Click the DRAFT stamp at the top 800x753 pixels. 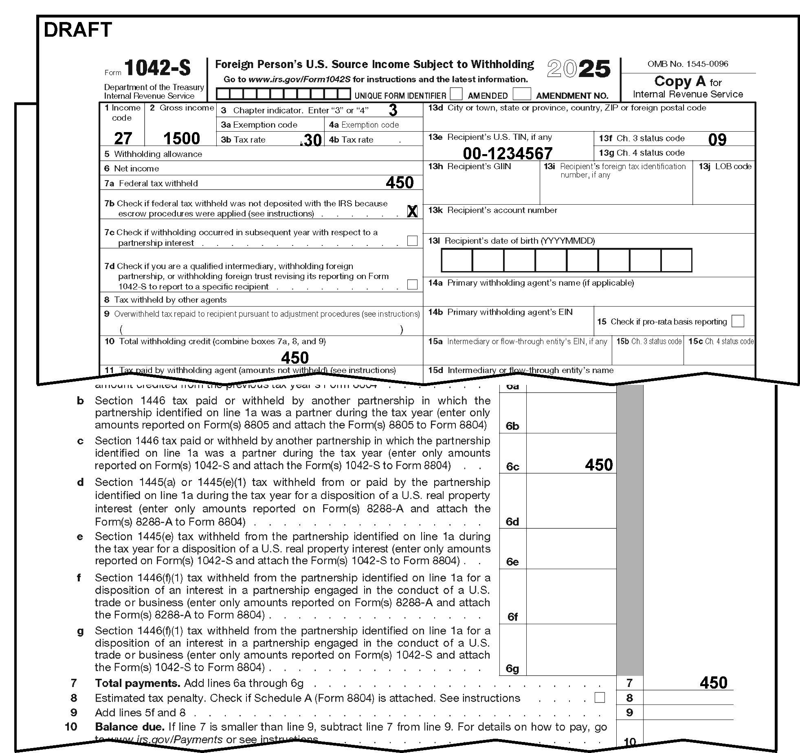coord(78,30)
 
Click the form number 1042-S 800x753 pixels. coord(157,68)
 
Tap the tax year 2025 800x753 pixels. coord(578,69)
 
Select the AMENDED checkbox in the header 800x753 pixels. coord(456,94)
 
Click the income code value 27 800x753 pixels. coord(123,139)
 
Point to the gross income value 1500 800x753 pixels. coord(181,139)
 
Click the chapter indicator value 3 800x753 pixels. coord(393,110)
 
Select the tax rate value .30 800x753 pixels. coord(311,140)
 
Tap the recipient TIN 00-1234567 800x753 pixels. coord(508,154)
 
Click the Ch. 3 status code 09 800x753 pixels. coord(717,140)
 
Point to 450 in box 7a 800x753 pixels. coord(400,183)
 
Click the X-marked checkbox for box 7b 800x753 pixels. coord(412,211)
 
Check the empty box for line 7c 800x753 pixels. coord(412,241)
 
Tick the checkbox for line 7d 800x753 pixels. coord(412,284)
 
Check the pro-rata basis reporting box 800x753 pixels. coord(738,321)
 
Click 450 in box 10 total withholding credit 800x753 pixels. coord(295,358)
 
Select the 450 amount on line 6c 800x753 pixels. coord(599,465)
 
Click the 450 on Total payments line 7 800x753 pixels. coord(713,683)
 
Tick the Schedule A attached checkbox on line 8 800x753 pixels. coord(600,698)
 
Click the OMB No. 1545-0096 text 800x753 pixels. coord(688,64)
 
